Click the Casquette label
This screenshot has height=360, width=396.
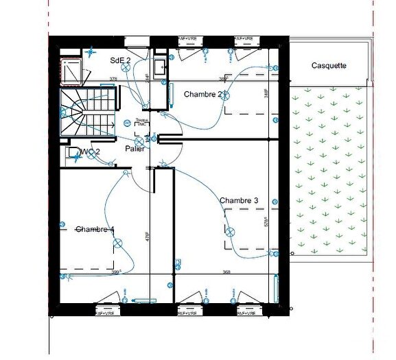329,66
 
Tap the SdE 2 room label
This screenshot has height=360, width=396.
120,60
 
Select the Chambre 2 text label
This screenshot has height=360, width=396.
203,95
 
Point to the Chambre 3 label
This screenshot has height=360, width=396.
239,200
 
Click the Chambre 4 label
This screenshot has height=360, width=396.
95,229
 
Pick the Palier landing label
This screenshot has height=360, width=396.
135,148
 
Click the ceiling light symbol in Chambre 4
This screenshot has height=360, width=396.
117,242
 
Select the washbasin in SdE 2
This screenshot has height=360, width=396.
159,67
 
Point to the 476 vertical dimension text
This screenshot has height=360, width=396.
147,236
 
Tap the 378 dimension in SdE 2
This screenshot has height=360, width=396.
114,80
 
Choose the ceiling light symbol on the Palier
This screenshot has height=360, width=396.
128,123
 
